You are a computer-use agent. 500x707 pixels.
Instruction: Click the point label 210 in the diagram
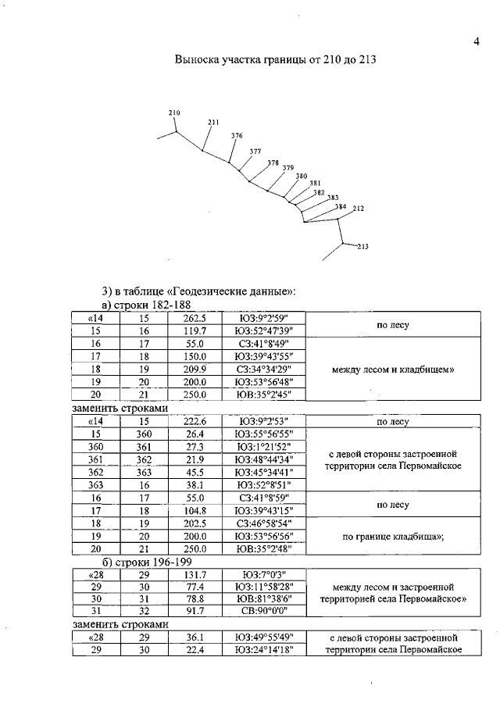tap(174, 113)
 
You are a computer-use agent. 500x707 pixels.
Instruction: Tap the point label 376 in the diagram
tap(237, 136)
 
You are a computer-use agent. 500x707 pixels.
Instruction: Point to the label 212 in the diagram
tap(359, 209)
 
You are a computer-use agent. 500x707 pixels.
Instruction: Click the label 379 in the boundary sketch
tap(288, 168)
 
